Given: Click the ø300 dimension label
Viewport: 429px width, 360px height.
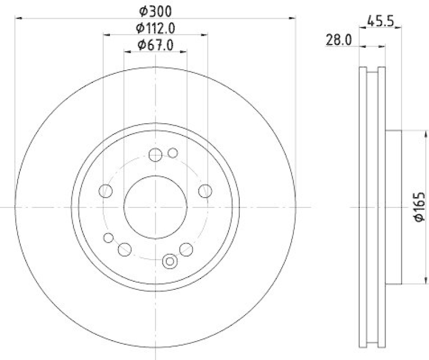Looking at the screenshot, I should pos(156,10).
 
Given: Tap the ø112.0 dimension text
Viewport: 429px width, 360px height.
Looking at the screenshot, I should pos(156,27).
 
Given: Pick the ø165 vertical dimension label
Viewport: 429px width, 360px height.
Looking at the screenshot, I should pos(419,206).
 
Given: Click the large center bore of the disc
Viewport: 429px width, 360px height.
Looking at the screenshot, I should pos(156,206).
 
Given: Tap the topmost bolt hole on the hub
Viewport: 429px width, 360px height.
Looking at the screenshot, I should pos(156,155).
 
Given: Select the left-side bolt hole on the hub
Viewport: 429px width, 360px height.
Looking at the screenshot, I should pos(106,191).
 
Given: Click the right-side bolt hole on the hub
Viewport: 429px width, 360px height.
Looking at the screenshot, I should pos(205,191).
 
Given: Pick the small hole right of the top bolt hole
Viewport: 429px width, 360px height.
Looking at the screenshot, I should pos(172,153).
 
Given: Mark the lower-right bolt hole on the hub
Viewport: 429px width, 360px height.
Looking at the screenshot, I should pos(186,249).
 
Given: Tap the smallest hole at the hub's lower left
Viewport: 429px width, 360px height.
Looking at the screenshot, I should pos(109,238).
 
